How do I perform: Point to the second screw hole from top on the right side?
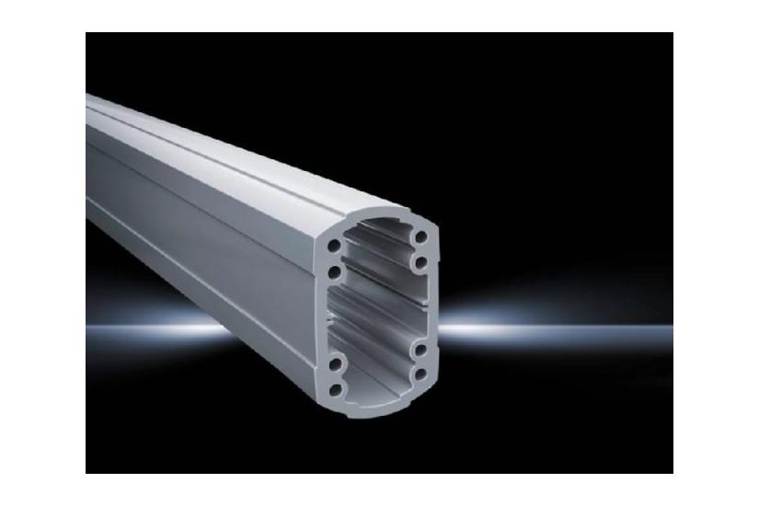coord(420,263)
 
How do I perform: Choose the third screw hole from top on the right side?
coord(420,351)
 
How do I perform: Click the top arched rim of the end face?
coord(377,210)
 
